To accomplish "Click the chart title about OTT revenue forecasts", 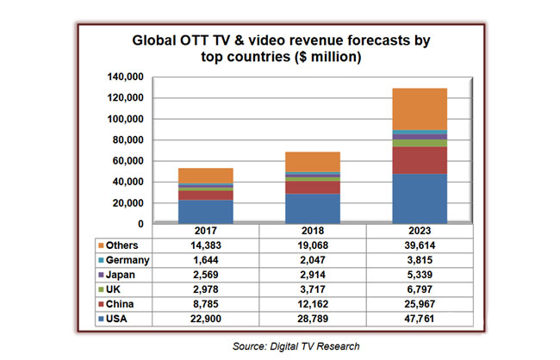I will click(280, 48).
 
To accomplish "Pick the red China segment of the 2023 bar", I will click(420, 160).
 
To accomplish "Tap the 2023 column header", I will click(420, 231).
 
